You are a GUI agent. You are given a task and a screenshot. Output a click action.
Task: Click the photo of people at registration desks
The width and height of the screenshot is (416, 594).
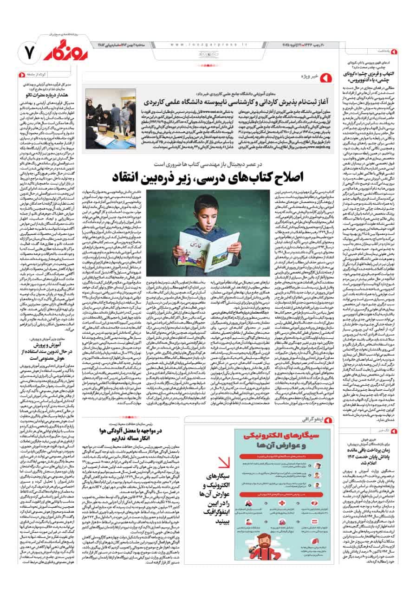[110, 118]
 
